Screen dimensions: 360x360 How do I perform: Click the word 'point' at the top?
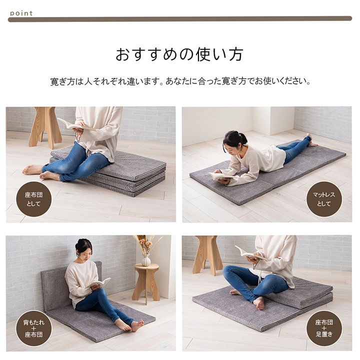[21, 13]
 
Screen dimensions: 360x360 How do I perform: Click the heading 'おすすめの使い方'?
[179, 54]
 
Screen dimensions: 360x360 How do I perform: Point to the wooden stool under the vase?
[146, 282]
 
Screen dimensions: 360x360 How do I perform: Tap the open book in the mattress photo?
[220, 175]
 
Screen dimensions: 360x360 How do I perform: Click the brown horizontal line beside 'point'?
[180, 19]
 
